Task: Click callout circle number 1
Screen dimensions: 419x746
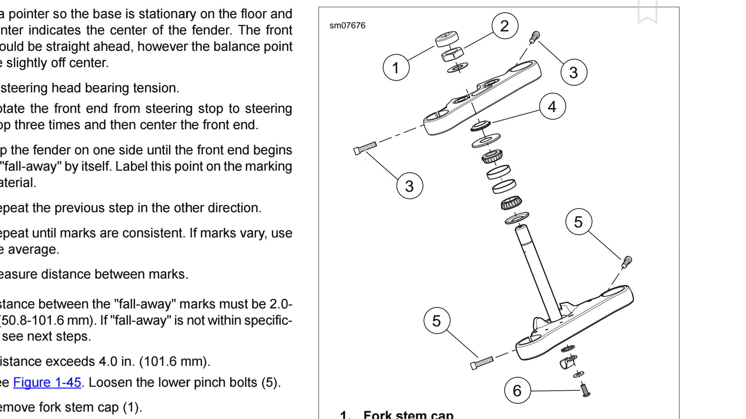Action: click(396, 68)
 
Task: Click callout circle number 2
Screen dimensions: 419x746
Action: click(505, 26)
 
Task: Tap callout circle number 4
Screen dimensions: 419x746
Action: click(552, 106)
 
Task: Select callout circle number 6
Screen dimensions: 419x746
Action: click(517, 390)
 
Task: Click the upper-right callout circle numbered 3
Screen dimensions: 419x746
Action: click(573, 73)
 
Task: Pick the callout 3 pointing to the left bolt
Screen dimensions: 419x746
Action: click(410, 186)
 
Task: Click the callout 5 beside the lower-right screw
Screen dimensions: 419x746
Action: click(578, 222)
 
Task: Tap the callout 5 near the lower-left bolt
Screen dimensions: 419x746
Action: click(436, 321)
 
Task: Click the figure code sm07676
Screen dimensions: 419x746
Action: click(347, 26)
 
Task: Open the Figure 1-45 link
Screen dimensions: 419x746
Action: click(47, 383)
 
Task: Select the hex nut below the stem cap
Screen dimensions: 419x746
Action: click(452, 54)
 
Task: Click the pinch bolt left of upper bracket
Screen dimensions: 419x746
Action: click(365, 148)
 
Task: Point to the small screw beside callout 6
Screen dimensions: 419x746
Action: click(586, 389)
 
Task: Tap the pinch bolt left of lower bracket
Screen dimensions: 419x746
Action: click(481, 363)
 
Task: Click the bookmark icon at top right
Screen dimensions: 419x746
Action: click(647, 12)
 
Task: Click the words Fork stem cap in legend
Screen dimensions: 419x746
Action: click(408, 414)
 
